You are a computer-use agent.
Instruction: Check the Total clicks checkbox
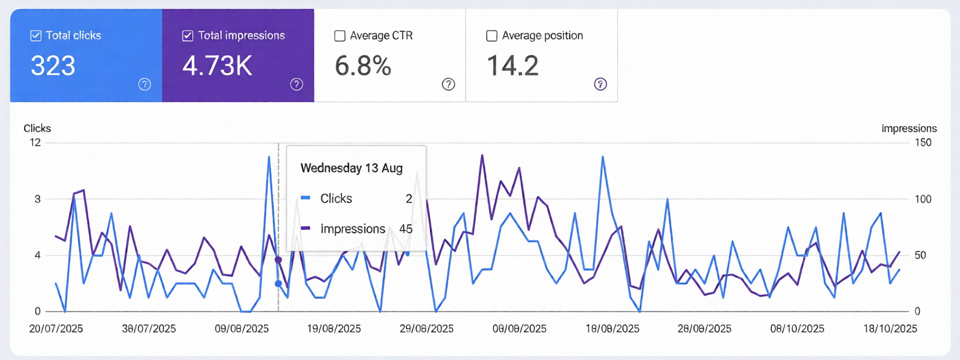[x=36, y=36]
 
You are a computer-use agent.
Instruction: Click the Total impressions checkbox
[x=187, y=36]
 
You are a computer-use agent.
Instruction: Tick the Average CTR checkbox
[x=340, y=36]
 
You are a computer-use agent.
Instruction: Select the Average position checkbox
[x=492, y=36]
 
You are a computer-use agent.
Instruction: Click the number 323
[x=53, y=66]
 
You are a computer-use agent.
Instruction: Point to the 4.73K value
[x=217, y=66]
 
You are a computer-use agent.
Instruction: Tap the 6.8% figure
[x=363, y=66]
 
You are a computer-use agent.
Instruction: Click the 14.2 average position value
[x=512, y=66]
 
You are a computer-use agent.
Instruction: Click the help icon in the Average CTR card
[x=448, y=84]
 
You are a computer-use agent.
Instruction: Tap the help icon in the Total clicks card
[x=145, y=84]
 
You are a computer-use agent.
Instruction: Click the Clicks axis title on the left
[x=37, y=128]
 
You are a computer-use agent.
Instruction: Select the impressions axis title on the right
[x=909, y=128]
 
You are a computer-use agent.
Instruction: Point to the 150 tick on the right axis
[x=922, y=142]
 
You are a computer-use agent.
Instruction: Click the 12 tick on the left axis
[x=35, y=142]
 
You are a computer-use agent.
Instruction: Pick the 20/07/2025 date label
[x=56, y=329]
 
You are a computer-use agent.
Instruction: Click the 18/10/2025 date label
[x=890, y=329]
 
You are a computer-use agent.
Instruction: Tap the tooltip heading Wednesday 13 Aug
[x=351, y=168]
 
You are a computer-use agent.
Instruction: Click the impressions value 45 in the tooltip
[x=406, y=229]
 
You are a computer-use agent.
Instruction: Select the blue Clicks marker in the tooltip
[x=306, y=198]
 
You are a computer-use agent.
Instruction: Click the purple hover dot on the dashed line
[x=278, y=260]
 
